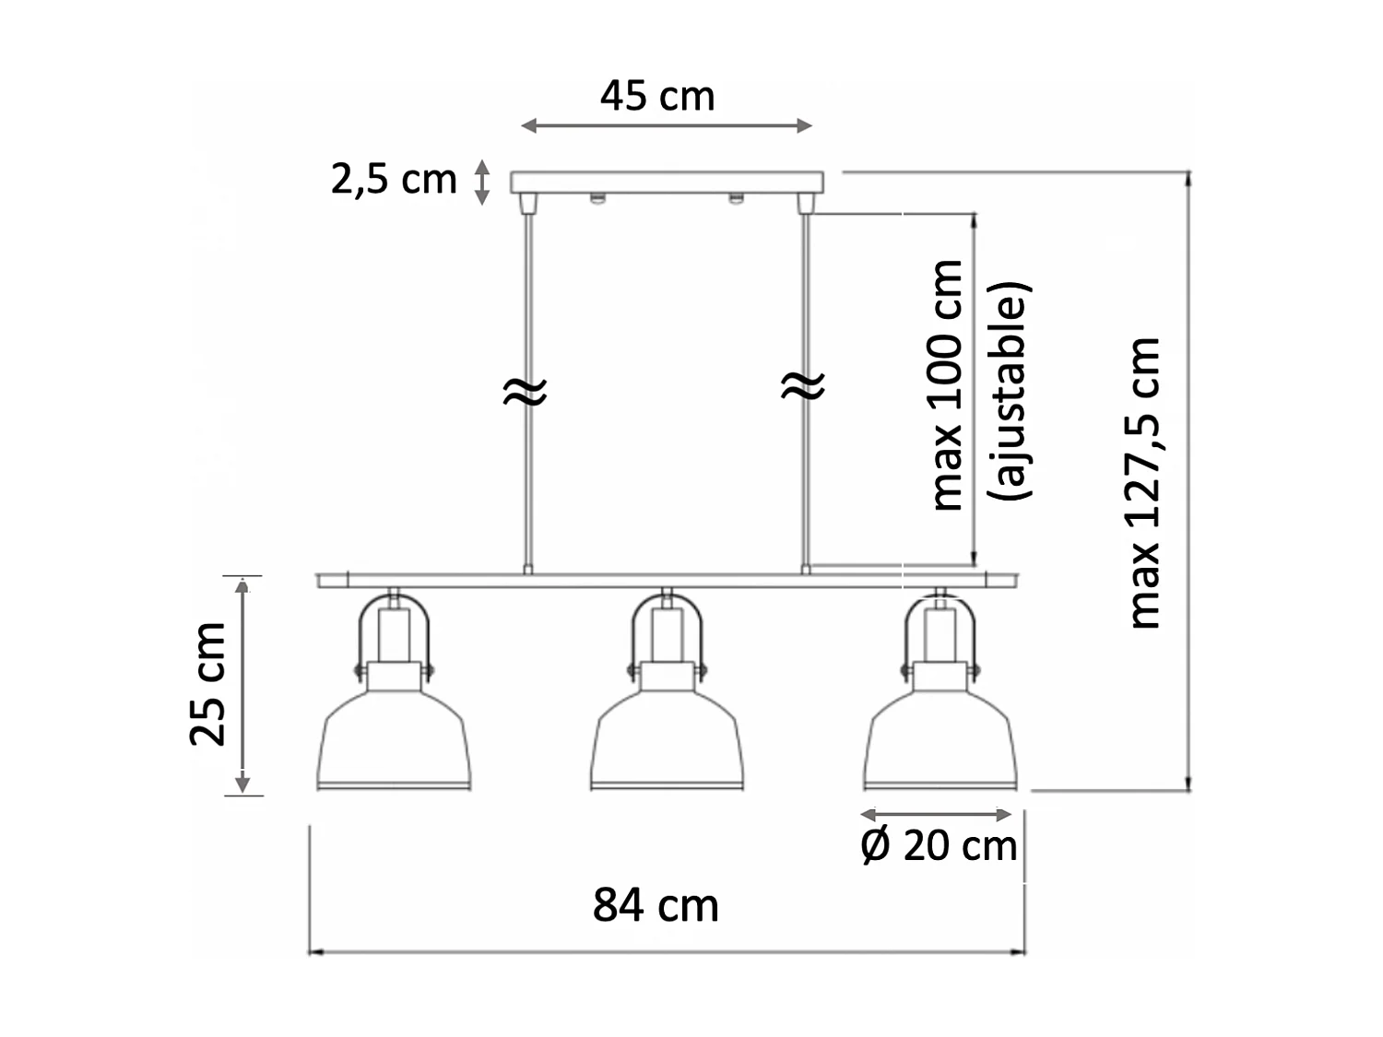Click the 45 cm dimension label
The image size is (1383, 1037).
click(657, 96)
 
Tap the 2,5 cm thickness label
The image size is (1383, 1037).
click(394, 179)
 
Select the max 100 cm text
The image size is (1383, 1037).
click(947, 385)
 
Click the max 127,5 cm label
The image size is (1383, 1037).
click(1144, 483)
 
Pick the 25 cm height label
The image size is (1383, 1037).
click(207, 683)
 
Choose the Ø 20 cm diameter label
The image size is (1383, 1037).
click(939, 845)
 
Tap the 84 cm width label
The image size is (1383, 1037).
click(656, 905)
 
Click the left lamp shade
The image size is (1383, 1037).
click(394, 741)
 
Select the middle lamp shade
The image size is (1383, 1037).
click(667, 741)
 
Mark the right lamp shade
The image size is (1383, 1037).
click(940, 741)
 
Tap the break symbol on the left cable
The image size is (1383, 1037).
click(525, 391)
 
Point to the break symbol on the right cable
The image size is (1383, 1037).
click(803, 386)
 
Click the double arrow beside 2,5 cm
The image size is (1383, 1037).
click(481, 182)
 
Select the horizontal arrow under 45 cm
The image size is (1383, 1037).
click(667, 125)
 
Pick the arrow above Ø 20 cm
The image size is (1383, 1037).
click(936, 815)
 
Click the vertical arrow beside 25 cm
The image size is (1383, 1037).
click(242, 686)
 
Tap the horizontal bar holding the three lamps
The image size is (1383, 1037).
click(668, 581)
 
